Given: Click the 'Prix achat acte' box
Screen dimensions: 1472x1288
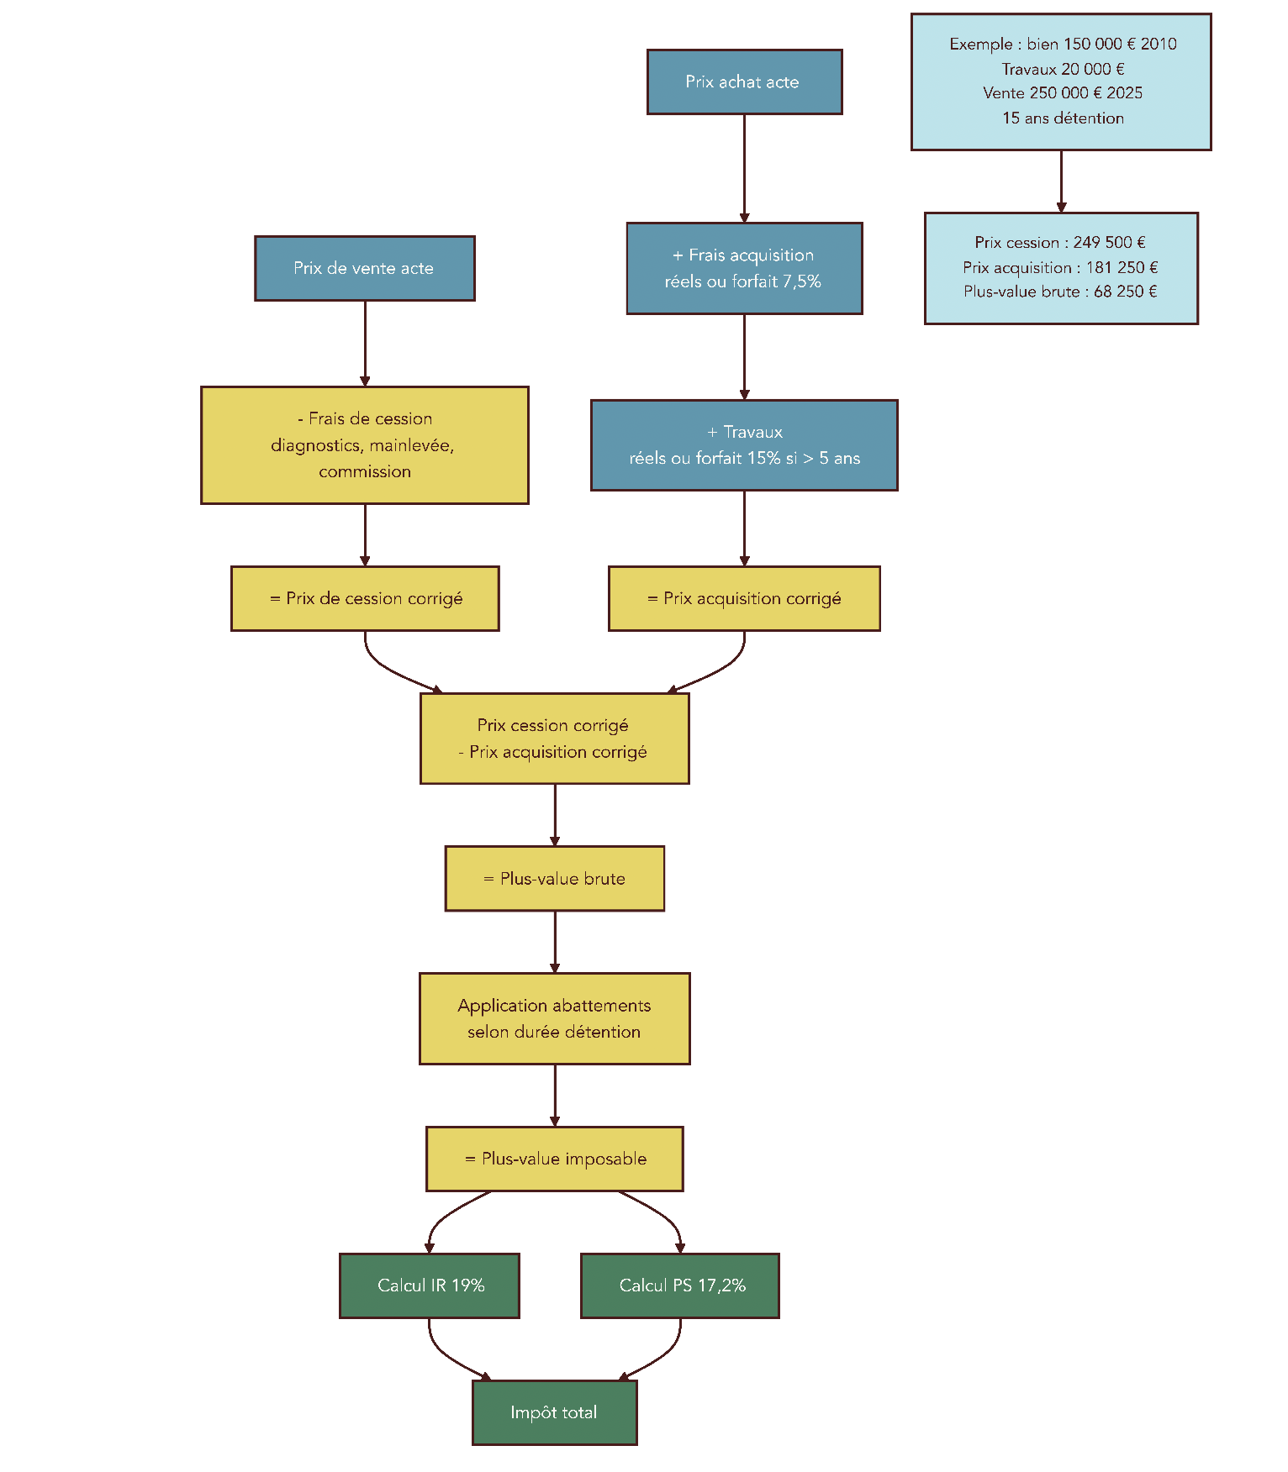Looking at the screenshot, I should click(x=744, y=82).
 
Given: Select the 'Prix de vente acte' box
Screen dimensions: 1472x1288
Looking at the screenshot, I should click(x=365, y=269).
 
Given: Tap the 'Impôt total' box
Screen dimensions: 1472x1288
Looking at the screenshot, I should click(x=554, y=1412).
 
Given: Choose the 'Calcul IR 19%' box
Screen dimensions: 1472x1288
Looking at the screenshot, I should click(x=430, y=1285).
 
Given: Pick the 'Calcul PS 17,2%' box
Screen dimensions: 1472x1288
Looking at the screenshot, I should click(x=680, y=1285).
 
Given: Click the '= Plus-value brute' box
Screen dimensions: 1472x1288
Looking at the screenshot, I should click(x=555, y=879).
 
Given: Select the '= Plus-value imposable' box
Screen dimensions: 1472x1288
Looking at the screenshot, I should click(x=555, y=1159).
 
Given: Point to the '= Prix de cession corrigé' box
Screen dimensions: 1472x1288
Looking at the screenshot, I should click(x=365, y=598).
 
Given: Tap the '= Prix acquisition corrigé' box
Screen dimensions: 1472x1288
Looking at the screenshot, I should click(x=744, y=598).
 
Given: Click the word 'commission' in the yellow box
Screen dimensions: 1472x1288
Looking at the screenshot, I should click(x=365, y=472).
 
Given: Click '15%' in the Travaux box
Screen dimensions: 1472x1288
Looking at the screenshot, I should click(x=763, y=459).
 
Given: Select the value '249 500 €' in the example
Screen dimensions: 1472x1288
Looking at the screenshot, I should click(x=1108, y=243).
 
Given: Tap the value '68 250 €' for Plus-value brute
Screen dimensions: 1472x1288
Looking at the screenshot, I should click(x=1125, y=292).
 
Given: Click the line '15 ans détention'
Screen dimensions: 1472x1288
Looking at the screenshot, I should click(x=1063, y=118).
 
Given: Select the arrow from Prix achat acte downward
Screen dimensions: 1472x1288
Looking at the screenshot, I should click(x=744, y=168).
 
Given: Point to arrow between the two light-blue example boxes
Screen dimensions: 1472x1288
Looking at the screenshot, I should click(x=1061, y=181).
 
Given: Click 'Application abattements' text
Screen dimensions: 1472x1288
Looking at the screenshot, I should click(x=554, y=1006).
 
